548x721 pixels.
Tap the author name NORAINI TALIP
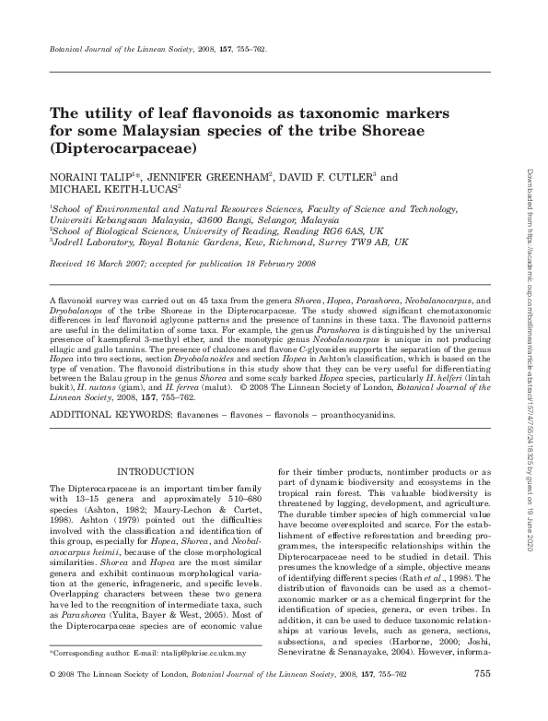[88, 175]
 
